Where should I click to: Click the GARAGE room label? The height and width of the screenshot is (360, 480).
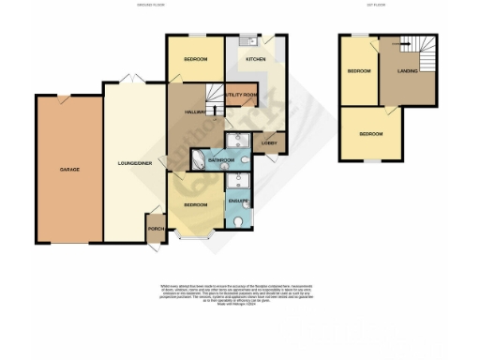69,170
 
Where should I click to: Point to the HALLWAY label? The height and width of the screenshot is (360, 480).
181,112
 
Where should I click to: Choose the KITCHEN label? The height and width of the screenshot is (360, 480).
256,59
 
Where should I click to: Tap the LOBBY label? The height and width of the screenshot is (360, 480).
267,142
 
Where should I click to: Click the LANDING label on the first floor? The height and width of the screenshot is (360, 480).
408,71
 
